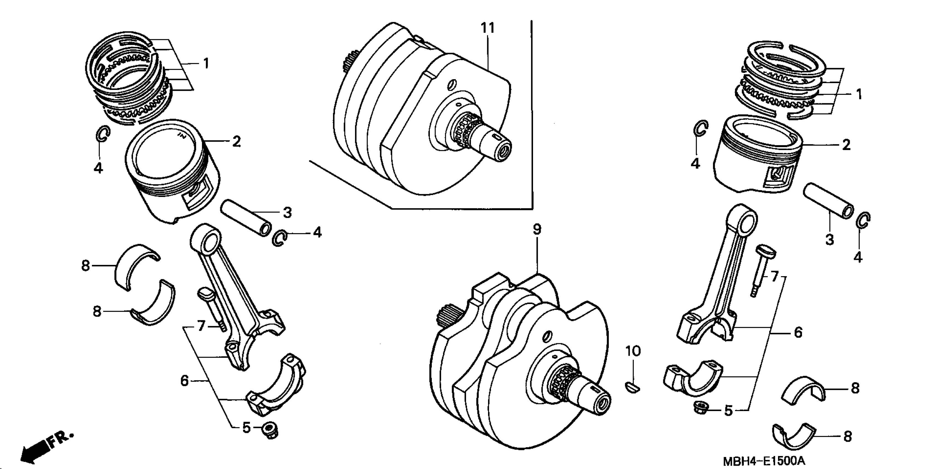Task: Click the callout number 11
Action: tap(488, 28)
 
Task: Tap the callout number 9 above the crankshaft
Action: tap(537, 230)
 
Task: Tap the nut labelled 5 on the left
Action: tap(270, 431)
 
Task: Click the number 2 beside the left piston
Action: tap(236, 142)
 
